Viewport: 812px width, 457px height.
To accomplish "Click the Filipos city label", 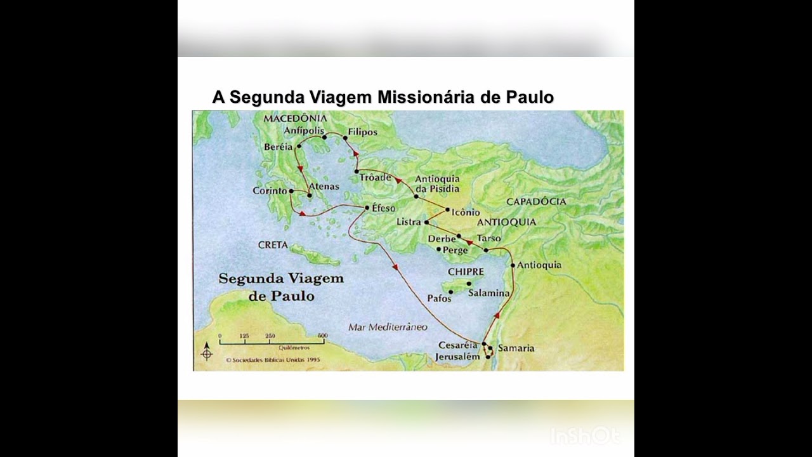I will coord(363,132).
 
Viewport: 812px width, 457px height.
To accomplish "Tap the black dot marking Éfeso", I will coord(367,208).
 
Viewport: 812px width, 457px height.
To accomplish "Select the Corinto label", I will coord(270,190).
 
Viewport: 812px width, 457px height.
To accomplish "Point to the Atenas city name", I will coord(324,187).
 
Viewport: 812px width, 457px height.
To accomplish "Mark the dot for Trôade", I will coord(357,171).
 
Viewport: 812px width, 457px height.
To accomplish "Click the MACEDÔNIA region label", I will coord(295,118).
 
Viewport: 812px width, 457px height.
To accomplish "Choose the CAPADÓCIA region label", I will coord(536,201).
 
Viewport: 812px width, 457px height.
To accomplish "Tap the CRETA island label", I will coord(273,245).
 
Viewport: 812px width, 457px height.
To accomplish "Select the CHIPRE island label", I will coord(466,272).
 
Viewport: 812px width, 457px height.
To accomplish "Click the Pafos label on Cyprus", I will coord(439,298).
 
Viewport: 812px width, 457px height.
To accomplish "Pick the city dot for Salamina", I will coord(469,283).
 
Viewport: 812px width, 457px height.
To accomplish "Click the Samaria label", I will coord(516,348).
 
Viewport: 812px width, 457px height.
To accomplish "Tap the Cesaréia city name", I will coord(457,345).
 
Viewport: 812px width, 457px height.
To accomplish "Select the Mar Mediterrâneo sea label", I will coord(388,327).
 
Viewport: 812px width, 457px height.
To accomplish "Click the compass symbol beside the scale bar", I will coord(207,352).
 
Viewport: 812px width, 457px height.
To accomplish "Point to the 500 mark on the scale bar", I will coord(322,336).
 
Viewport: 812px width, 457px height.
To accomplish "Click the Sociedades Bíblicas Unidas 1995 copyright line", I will coord(272,359).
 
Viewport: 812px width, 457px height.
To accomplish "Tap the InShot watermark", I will coord(584,435).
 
